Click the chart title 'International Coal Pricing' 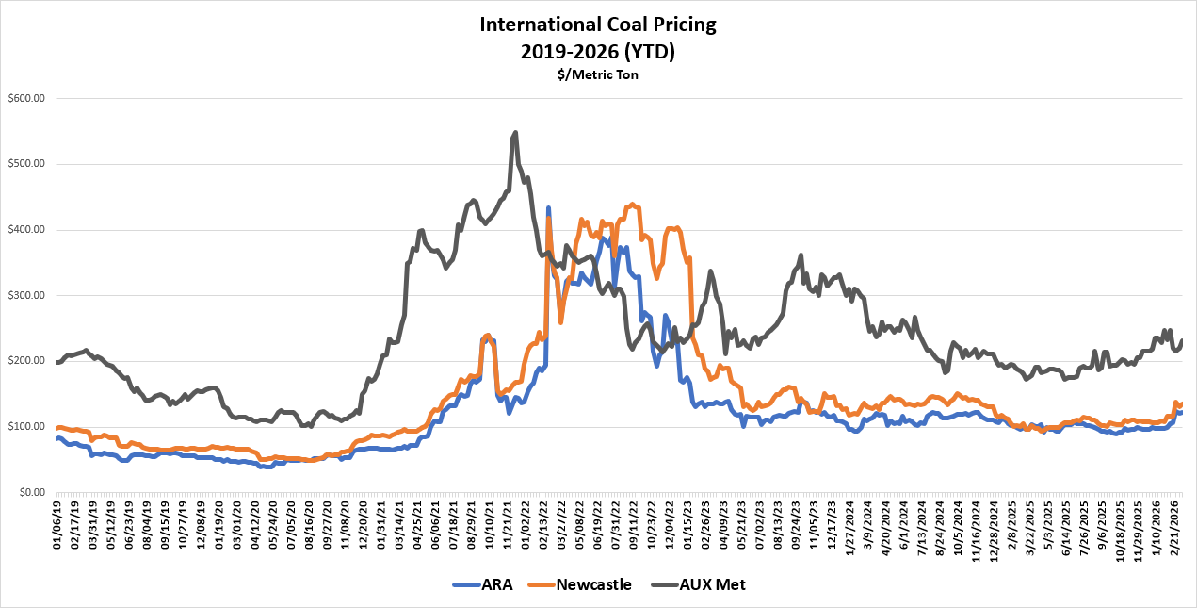coord(597,24)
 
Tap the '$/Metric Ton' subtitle coord(597,74)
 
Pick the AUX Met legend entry coord(698,584)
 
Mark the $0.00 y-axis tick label coord(31,492)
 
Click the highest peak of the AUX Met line coord(515,132)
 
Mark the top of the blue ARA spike coord(548,207)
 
